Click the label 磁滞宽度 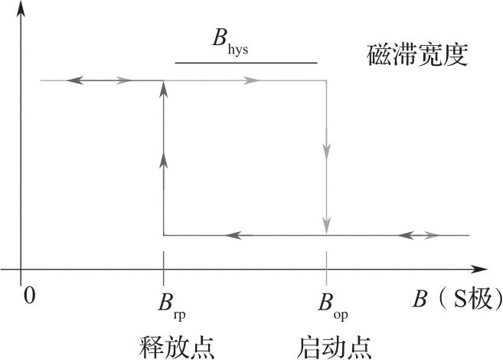click(x=416, y=54)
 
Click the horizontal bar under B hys click(x=246, y=62)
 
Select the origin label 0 click(x=30, y=295)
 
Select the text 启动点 click(x=334, y=345)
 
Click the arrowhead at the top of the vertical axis click(x=21, y=9)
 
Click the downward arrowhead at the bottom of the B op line click(x=327, y=227)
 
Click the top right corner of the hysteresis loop click(x=327, y=80)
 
